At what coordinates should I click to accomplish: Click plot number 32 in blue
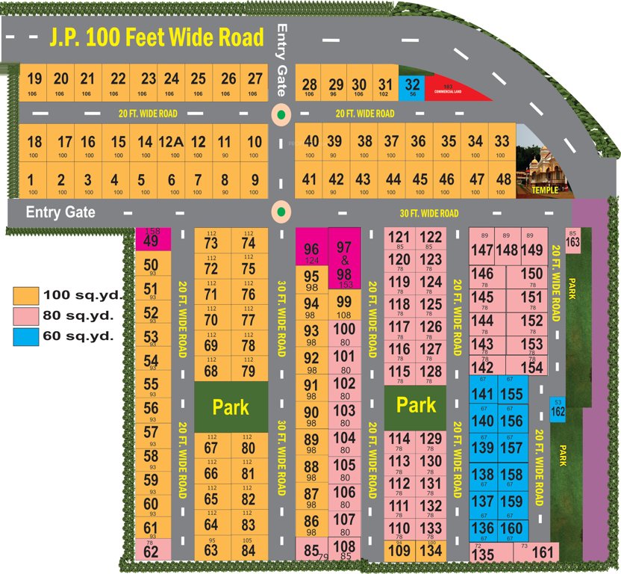(412, 87)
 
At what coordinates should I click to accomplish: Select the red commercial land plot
(455, 90)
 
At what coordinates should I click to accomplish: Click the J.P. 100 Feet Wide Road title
(157, 37)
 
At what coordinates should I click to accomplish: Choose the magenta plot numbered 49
(152, 240)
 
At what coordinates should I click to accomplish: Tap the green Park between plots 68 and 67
(231, 407)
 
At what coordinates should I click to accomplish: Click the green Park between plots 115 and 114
(416, 405)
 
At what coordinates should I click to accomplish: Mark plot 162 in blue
(558, 408)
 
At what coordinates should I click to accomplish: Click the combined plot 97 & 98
(344, 256)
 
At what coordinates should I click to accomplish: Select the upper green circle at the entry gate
(281, 116)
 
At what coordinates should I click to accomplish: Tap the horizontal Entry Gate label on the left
(60, 212)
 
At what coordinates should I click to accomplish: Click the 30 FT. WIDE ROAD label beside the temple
(428, 214)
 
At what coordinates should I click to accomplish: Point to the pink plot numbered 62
(152, 552)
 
